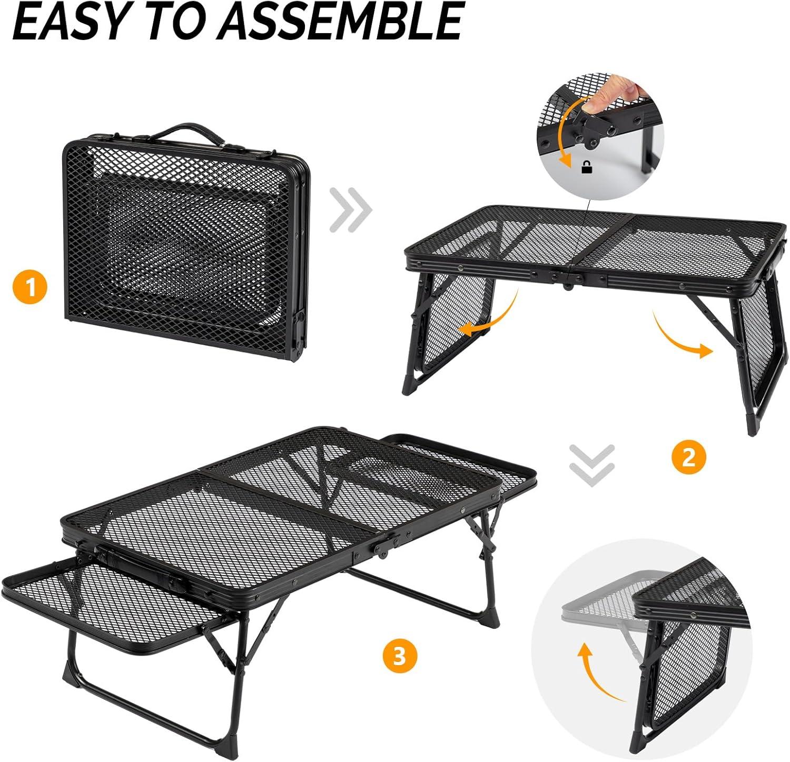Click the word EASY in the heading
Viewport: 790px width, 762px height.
point(72,22)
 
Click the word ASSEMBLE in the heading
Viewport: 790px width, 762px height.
point(342,22)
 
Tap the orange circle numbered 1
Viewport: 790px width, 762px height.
point(31,287)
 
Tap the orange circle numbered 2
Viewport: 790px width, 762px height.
point(688,456)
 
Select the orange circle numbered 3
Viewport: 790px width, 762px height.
point(400,656)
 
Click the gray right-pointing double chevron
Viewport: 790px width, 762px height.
point(351,210)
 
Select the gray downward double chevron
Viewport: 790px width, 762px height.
point(592,464)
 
